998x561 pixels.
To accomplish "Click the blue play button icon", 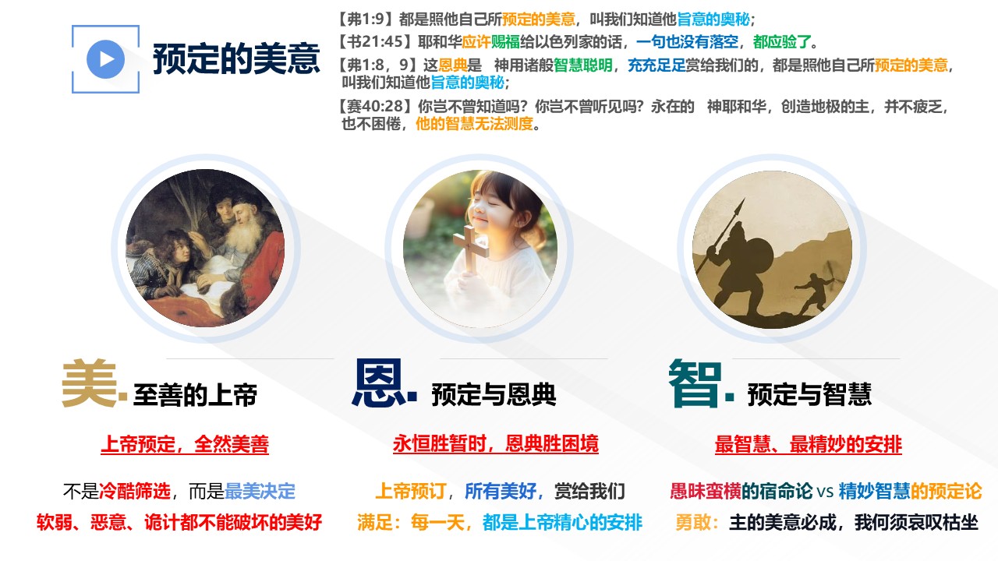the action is click(x=105, y=59).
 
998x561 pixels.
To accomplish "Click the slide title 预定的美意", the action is click(x=236, y=58).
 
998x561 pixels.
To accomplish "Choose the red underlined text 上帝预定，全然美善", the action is click(x=185, y=444).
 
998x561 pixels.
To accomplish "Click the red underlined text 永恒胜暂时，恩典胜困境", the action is click(x=496, y=444).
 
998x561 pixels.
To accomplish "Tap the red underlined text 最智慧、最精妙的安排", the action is click(x=809, y=444).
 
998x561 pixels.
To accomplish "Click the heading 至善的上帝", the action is click(x=195, y=394).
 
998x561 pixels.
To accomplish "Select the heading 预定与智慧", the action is click(x=809, y=394).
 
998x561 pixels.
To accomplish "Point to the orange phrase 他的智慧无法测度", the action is click(x=475, y=123).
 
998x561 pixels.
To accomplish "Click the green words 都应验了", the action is click(x=782, y=42).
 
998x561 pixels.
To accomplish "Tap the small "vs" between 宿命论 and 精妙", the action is click(x=825, y=492).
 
